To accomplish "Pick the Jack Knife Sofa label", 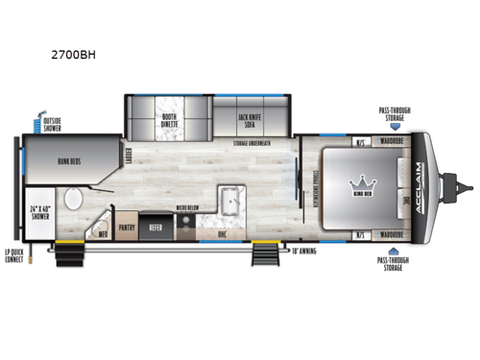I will coord(252,120).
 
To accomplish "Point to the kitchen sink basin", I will coord(229,202).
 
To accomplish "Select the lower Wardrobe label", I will coord(389,233).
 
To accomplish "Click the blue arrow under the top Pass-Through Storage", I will coord(395,124).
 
